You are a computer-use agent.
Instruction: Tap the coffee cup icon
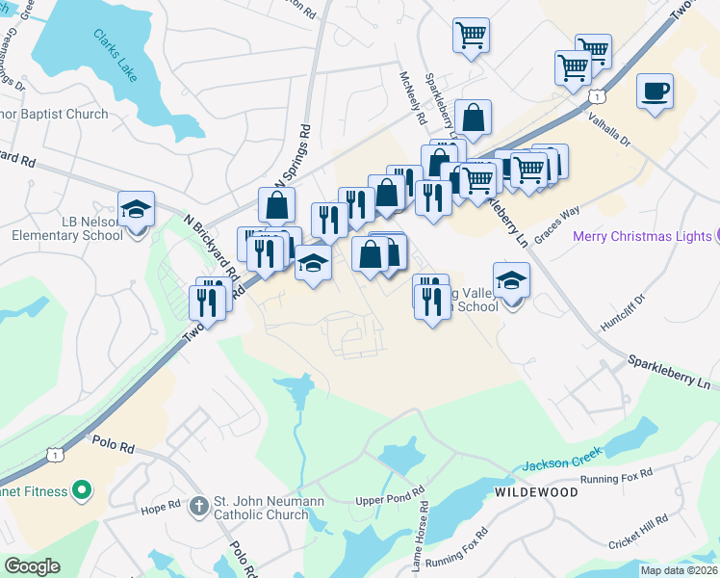coord(655,92)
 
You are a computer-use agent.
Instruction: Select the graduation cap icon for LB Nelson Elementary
coord(136,208)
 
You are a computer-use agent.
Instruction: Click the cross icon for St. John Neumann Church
coord(198,505)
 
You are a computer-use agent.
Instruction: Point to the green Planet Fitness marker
coord(81,491)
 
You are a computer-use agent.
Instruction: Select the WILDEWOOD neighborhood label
coord(536,491)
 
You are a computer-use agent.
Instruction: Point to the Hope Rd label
coord(161,508)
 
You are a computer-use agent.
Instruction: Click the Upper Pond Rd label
coord(390,500)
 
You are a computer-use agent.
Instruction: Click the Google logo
coord(32,566)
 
